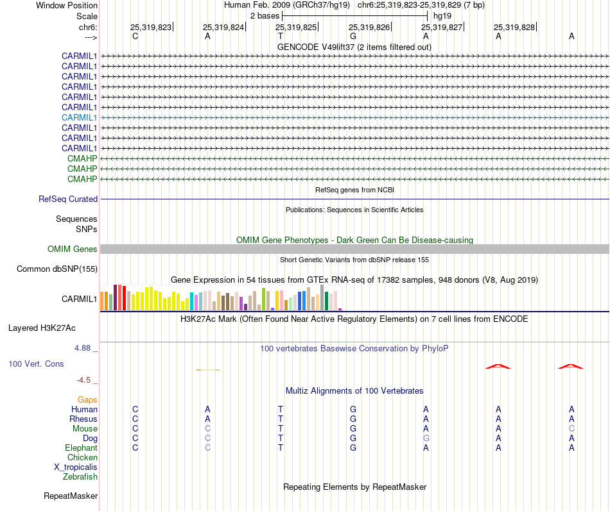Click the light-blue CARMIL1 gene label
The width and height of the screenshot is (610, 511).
pyautogui.click(x=79, y=117)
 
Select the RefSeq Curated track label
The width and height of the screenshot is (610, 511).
pyautogui.click(x=68, y=199)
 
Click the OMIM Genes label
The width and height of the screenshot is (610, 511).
pyautogui.click(x=73, y=249)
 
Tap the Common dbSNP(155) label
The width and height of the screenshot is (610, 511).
pyautogui.click(x=57, y=269)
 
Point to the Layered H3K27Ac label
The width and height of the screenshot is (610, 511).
pyautogui.click(x=42, y=328)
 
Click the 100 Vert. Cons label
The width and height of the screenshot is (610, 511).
pyautogui.click(x=36, y=364)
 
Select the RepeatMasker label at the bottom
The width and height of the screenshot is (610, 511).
pyautogui.click(x=71, y=496)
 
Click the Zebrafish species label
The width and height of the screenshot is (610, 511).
pyautogui.click(x=80, y=477)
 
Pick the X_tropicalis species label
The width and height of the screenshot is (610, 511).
pyautogui.click(x=76, y=467)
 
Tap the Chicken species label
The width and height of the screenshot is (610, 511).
pyautogui.click(x=82, y=458)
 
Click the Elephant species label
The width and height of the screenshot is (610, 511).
pyautogui.click(x=81, y=448)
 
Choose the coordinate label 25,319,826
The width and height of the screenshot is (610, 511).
pyautogui.click(x=369, y=28)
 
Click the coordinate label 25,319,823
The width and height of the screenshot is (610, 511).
pyautogui.click(x=151, y=28)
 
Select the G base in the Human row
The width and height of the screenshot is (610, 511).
pyautogui.click(x=353, y=409)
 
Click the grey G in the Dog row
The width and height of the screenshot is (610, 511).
pyautogui.click(x=426, y=438)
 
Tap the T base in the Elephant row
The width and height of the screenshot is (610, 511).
pyautogui.click(x=281, y=448)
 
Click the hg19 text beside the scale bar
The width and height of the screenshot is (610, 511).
pyautogui.click(x=441, y=15)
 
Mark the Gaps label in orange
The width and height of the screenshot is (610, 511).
pyautogui.click(x=87, y=400)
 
